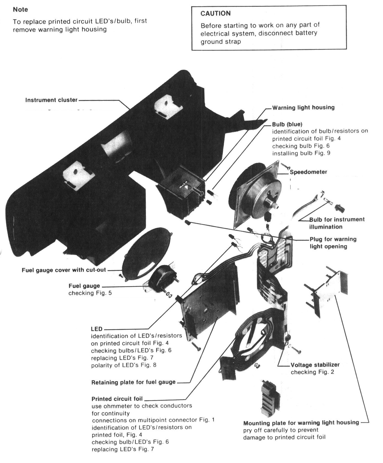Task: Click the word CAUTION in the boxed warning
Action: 215,13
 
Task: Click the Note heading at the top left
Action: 20,9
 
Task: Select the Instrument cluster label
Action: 51,100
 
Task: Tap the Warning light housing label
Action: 303,108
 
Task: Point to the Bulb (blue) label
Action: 287,124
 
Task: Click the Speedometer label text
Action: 308,172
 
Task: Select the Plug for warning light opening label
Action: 333,243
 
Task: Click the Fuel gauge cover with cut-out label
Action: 64,270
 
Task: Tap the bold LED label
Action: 97,329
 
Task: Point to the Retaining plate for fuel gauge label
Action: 133,383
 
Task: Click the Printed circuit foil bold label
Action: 117,399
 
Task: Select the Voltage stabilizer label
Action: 315,365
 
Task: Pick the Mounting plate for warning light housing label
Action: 301,423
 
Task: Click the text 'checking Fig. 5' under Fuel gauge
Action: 90,293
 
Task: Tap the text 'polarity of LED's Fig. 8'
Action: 124,365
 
